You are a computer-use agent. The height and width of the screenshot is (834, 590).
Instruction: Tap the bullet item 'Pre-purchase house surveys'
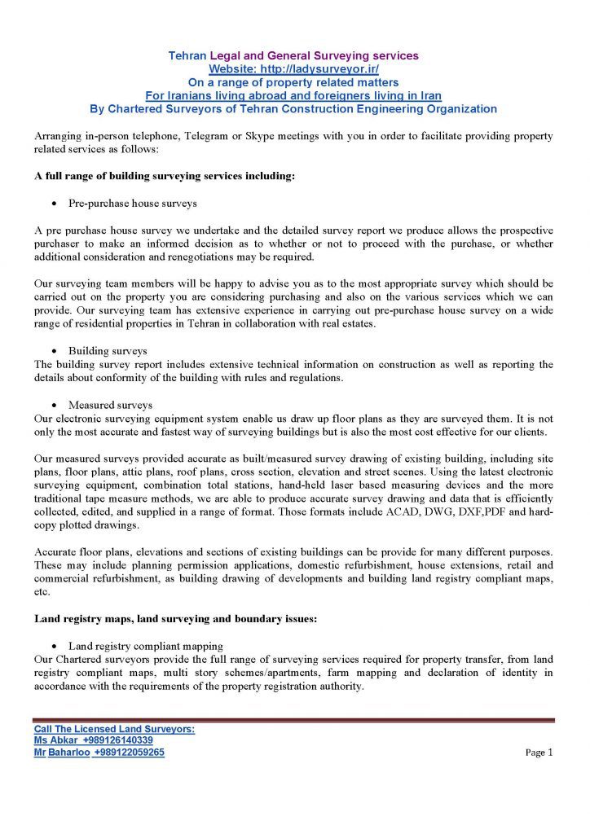[x=133, y=203]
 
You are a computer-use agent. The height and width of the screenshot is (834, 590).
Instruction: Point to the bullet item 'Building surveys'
[x=108, y=351]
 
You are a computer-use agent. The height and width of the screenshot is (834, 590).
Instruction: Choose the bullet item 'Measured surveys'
[x=111, y=405]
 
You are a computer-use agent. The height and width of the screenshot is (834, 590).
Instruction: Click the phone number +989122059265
[x=129, y=753]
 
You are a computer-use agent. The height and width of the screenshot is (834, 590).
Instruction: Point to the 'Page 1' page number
[x=539, y=753]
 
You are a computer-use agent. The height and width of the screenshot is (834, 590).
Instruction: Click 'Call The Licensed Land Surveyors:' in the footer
[x=114, y=729]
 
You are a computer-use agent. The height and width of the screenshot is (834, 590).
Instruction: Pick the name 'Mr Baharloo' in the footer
[x=62, y=753]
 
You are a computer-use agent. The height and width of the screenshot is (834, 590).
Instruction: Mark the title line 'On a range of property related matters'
[x=293, y=82]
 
